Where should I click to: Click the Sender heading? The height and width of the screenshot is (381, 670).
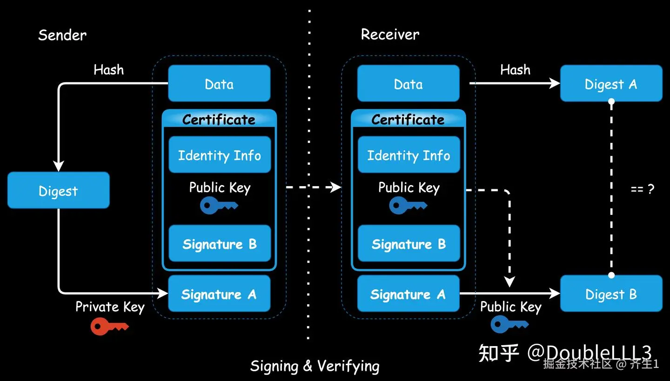click(62, 35)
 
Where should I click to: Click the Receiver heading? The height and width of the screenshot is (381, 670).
click(390, 34)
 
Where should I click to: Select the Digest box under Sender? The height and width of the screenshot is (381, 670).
click(59, 190)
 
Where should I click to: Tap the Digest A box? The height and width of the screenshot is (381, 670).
click(611, 83)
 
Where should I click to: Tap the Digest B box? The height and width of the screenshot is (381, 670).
click(611, 294)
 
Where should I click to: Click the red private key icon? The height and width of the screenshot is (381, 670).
click(109, 327)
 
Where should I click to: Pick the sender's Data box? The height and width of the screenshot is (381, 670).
click(219, 83)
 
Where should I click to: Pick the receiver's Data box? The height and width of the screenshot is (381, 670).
click(409, 83)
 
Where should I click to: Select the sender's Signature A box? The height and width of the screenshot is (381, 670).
click(219, 294)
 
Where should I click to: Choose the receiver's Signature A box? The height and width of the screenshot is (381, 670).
click(409, 294)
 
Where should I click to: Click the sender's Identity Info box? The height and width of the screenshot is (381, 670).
click(220, 154)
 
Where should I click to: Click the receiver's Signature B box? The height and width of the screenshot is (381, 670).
click(409, 243)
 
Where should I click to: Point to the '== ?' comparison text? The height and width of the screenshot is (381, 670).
click(643, 189)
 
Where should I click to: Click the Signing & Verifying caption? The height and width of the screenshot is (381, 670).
click(315, 366)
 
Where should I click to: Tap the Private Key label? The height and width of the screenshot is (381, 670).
click(110, 307)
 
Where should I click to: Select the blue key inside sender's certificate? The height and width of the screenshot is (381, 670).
click(219, 206)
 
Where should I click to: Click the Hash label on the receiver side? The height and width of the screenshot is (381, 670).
click(516, 70)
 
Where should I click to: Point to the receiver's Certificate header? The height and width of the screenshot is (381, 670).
click(409, 120)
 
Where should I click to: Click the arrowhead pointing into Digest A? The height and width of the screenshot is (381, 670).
click(555, 83)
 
